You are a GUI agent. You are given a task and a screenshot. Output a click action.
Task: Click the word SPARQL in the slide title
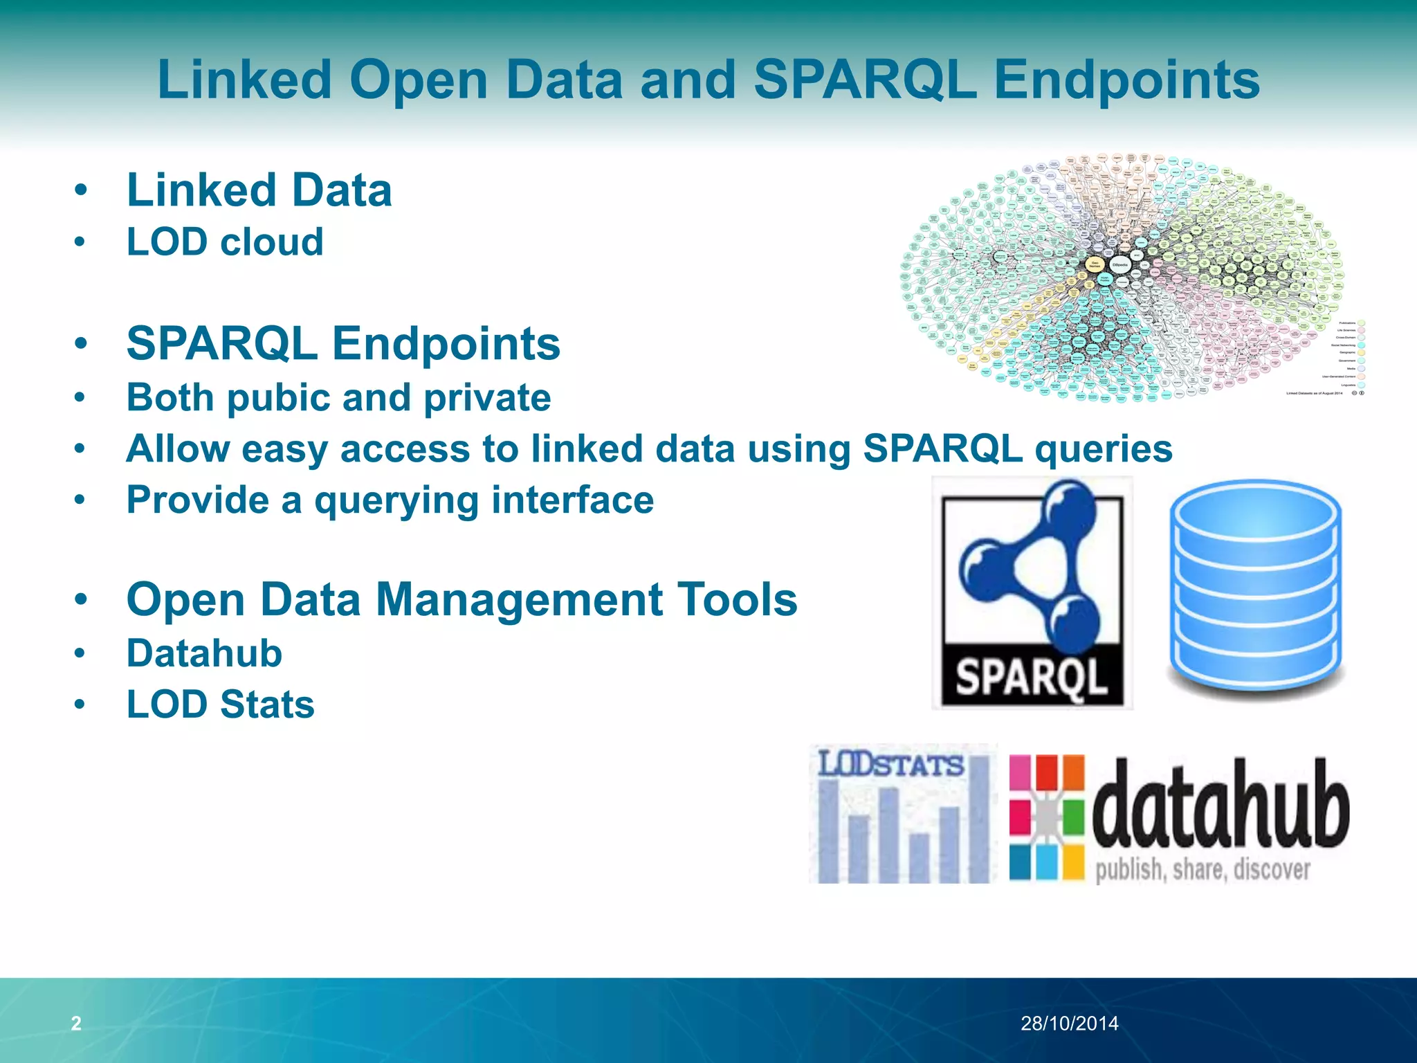pyautogui.click(x=865, y=80)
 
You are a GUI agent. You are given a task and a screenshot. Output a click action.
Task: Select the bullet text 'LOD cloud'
pyautogui.click(x=225, y=242)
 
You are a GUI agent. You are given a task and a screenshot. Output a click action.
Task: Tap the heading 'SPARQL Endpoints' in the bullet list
pyautogui.click(x=343, y=344)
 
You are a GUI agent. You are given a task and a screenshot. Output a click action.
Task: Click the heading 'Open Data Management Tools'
pyautogui.click(x=461, y=599)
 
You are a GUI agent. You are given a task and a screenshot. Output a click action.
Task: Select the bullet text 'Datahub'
pyautogui.click(x=204, y=653)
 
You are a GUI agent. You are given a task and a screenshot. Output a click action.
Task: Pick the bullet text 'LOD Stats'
pyautogui.click(x=220, y=705)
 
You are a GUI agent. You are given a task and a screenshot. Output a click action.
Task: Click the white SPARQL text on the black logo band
pyautogui.click(x=1031, y=677)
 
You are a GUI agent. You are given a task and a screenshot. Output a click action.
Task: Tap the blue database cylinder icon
pyautogui.click(x=1255, y=588)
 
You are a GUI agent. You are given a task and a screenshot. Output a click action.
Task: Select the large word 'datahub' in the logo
pyautogui.click(x=1221, y=806)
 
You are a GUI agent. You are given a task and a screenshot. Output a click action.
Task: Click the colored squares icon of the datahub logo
pyautogui.click(x=1046, y=817)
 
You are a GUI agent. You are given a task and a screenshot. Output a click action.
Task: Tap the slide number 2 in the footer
pyautogui.click(x=76, y=1023)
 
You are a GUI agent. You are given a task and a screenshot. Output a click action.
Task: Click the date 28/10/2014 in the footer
pyautogui.click(x=1069, y=1023)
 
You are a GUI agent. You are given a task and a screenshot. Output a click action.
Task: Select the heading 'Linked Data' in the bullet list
pyautogui.click(x=259, y=190)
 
